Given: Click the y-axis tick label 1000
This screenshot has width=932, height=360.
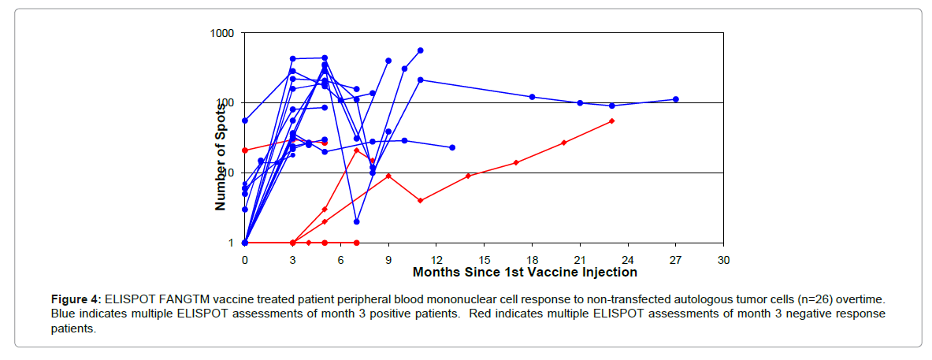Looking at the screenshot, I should (225, 33).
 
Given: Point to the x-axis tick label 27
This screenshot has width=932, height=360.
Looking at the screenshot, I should (675, 259).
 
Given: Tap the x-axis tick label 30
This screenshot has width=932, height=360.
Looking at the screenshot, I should (723, 259).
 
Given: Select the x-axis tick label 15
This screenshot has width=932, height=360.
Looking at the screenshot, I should (484, 259).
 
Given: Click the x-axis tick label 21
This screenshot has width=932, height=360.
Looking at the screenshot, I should (580, 259).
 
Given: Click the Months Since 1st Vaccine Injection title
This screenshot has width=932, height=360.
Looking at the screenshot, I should (525, 273).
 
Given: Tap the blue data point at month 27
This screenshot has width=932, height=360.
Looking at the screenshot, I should (675, 99).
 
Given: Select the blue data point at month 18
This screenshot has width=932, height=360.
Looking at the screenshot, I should (532, 97).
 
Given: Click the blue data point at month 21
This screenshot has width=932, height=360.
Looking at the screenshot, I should (580, 103).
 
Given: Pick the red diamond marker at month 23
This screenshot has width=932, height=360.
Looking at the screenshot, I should (612, 121).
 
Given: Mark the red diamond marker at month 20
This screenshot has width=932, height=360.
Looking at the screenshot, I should (564, 143).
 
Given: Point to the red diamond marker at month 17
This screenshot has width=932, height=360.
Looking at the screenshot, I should (516, 162).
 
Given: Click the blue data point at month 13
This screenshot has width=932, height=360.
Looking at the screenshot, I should (452, 147).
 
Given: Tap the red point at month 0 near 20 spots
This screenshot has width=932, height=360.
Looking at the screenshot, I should (245, 150).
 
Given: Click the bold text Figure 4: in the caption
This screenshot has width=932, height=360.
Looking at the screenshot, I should (76, 300).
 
